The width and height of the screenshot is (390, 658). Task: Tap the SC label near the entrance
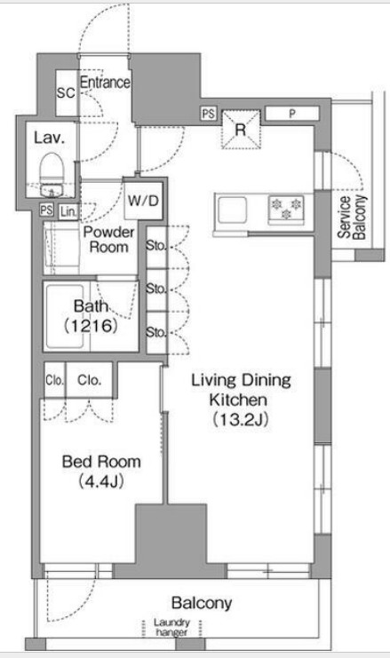pos(66,93)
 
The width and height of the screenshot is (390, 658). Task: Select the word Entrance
pos(105,83)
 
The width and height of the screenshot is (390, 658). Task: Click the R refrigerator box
pos(241,129)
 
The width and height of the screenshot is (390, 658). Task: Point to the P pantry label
pos(292,114)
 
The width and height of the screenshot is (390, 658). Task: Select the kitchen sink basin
pos(232,210)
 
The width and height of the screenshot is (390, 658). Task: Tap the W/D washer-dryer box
pos(143,201)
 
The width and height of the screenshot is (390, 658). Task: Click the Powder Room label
pos(108,239)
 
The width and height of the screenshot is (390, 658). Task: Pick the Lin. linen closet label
pos(68,212)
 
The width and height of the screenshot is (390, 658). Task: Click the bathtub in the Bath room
pos(66,317)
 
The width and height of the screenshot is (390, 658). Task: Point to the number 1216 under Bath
pos(91,325)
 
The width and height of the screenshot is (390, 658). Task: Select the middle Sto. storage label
pos(155,289)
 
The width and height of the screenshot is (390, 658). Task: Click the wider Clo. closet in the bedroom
pos(89,380)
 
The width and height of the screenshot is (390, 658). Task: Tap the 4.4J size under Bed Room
pos(100,482)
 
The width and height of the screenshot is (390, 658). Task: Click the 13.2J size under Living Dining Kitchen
pos(241,419)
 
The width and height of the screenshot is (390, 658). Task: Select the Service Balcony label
pos(352,218)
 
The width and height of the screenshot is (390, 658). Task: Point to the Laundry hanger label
pos(171,628)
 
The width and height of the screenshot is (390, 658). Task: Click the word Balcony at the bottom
pos(202,604)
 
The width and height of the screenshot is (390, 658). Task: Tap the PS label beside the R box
pos(208,114)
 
